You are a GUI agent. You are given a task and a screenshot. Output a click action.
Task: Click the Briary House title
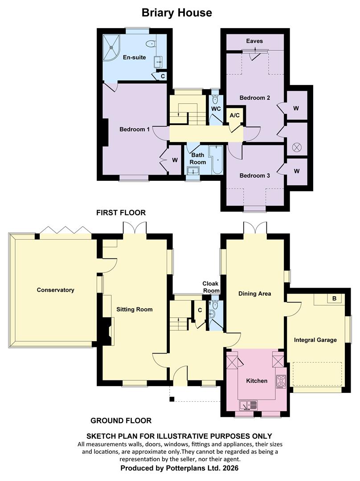tap(177, 12)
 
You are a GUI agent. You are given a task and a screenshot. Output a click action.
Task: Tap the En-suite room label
tap(135, 57)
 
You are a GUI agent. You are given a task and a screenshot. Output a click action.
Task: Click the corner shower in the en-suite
tap(111, 48)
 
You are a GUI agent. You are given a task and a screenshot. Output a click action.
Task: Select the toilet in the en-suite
tap(151, 44)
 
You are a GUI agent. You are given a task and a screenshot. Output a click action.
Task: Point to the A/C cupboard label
tap(235, 115)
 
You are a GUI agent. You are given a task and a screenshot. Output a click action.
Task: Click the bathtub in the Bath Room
tap(217, 160)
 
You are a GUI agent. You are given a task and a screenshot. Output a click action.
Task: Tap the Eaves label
tap(254, 41)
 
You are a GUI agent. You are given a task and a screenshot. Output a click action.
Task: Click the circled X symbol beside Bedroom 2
tap(296, 147)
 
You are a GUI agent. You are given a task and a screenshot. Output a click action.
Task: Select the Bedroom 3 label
tap(254, 176)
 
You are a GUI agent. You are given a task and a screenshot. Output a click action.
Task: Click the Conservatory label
tap(56, 290)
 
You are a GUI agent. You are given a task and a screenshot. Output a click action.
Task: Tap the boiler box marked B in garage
tap(334, 298)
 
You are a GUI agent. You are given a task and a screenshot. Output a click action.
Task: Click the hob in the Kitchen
tap(281, 382)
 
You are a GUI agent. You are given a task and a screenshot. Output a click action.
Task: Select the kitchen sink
tap(249, 406)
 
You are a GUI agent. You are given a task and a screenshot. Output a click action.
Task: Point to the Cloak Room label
tap(211, 287)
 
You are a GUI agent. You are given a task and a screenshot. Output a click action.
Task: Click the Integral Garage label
tap(315, 340)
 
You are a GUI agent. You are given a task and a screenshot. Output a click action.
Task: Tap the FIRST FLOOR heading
tap(121, 212)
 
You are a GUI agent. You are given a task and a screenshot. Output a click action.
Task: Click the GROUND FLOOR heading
tap(121, 420)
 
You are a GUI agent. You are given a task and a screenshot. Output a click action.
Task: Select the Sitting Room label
tap(135, 310)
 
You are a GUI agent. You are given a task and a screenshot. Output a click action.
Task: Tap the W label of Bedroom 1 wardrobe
tap(175, 160)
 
